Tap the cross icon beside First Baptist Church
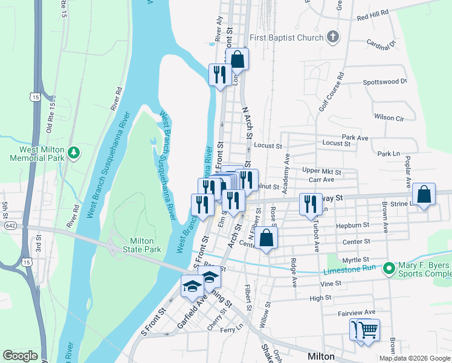click(332, 38)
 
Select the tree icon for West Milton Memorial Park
click(74, 152)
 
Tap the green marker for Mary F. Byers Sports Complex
click(390, 267)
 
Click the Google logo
click(20, 356)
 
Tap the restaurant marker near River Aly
click(218, 75)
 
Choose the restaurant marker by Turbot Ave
click(311, 205)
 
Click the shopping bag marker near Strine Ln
click(424, 195)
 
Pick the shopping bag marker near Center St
click(266, 238)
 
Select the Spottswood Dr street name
click(385, 81)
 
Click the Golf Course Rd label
click(331, 91)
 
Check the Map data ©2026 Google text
click(415, 358)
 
